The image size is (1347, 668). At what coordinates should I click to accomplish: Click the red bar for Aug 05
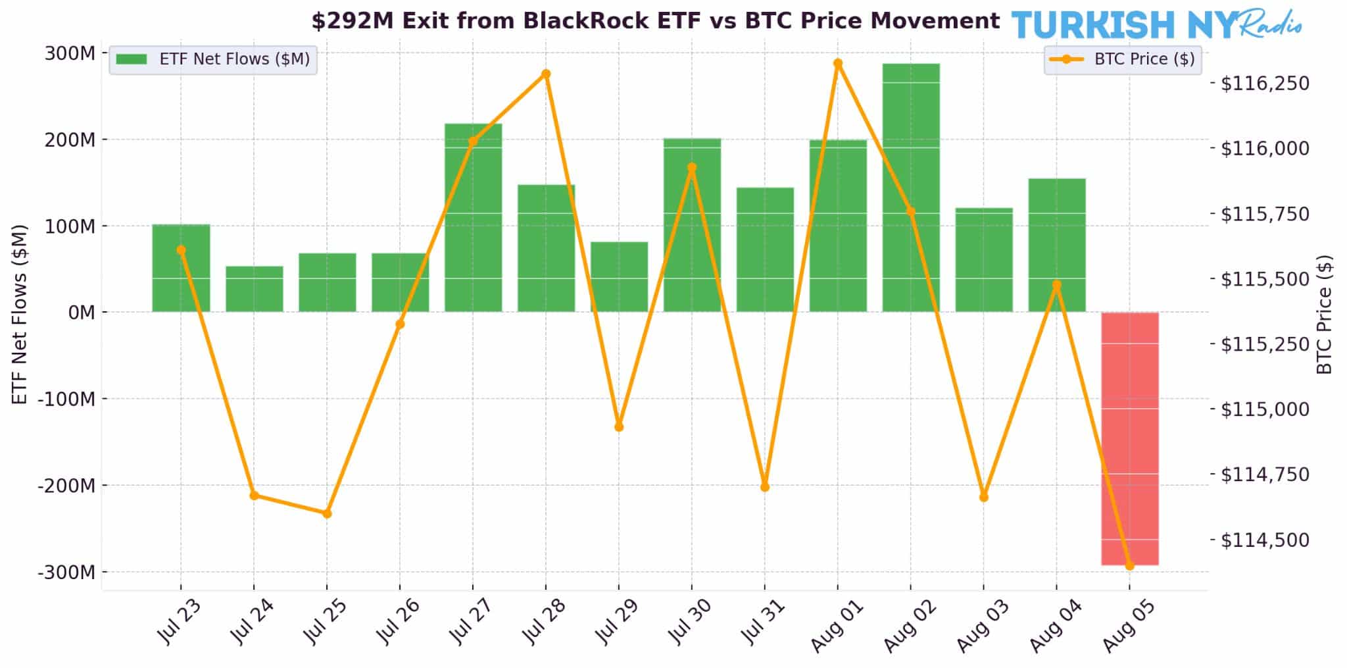1130,438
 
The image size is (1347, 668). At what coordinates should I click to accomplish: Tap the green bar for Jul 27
473,217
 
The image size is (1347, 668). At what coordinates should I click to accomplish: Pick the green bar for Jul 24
255,289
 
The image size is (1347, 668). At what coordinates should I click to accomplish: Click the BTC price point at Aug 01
838,63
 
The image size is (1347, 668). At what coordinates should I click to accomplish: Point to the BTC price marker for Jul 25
327,513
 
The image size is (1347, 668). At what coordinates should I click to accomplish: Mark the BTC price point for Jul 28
546,74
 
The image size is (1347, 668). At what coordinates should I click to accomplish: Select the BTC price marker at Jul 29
619,426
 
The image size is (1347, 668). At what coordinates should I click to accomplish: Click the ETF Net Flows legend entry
213,59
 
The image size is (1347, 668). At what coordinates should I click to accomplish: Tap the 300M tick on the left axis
70,53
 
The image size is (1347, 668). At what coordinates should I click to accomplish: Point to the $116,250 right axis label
1265,84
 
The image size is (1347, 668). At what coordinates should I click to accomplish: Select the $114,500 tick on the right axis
1265,540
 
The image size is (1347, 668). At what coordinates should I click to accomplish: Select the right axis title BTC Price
1324,315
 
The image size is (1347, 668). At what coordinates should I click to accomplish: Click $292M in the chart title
353,21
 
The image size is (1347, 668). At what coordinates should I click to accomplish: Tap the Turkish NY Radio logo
1156,25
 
